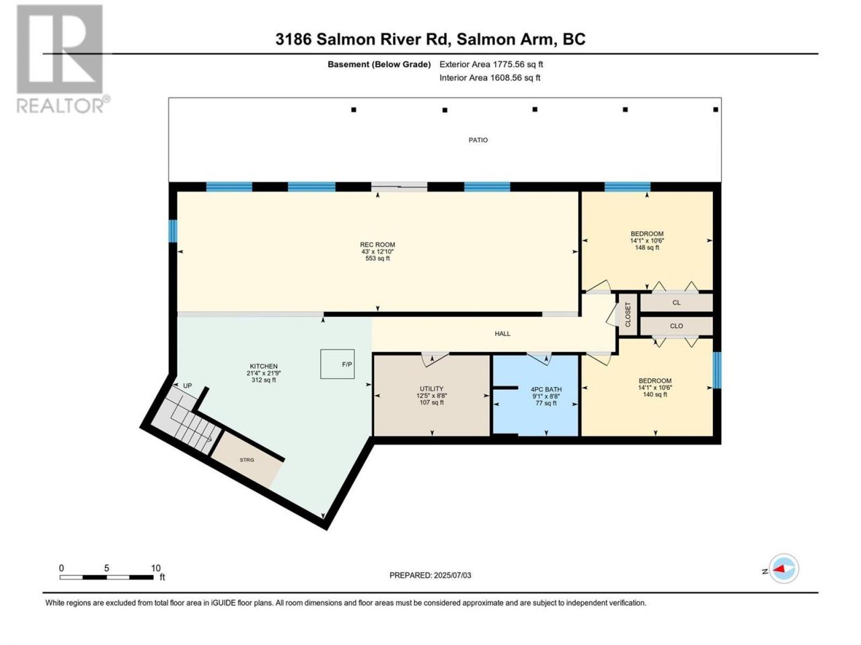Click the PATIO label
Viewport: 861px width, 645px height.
tap(478, 140)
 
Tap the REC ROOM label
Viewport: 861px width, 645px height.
tap(377, 245)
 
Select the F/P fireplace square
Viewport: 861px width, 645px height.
tap(338, 363)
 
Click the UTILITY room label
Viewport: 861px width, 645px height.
tap(431, 389)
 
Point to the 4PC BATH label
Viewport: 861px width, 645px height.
tap(546, 389)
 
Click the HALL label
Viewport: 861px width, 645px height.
tap(502, 334)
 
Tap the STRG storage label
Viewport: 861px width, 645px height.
tap(247, 460)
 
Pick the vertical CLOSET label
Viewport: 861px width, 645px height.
tap(628, 314)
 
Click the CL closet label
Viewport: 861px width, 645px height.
tap(676, 303)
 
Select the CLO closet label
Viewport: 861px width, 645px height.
tap(676, 326)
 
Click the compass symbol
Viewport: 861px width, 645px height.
tap(784, 568)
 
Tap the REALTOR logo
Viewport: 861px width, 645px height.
tap(63, 58)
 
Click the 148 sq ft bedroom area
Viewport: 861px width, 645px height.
tap(647, 247)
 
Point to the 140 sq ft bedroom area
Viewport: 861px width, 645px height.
tap(654, 394)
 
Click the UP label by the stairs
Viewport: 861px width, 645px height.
tap(188, 386)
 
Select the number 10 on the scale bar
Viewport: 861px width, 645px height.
tap(156, 568)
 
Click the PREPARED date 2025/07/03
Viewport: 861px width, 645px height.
tap(452, 575)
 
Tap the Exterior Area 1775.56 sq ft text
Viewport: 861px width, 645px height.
tap(491, 64)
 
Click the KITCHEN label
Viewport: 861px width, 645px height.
tap(264, 366)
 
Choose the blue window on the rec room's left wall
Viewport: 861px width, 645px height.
tap(173, 230)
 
